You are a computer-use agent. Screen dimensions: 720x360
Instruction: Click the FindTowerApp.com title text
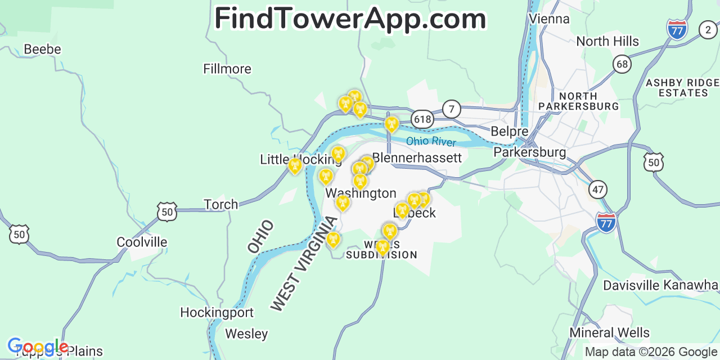tap(350, 19)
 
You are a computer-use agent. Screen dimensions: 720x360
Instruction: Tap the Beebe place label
tap(42, 49)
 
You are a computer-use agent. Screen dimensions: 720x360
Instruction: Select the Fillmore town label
tap(227, 69)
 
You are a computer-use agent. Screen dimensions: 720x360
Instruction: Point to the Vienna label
tap(549, 19)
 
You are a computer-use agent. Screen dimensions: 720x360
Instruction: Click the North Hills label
tap(607, 42)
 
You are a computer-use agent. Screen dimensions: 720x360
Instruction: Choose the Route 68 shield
tap(622, 64)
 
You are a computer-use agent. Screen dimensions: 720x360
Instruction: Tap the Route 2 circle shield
tap(708, 30)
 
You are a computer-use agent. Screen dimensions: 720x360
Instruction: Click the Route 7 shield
tap(451, 109)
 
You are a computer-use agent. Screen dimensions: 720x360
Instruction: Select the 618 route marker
tap(422, 119)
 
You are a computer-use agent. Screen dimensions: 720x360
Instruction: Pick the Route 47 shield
tap(598, 189)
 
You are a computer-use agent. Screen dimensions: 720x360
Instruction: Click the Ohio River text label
tap(431, 141)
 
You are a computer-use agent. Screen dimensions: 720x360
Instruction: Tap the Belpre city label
tap(509, 132)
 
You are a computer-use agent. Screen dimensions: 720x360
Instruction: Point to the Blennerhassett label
tap(417, 157)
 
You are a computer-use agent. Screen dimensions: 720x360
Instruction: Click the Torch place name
tap(220, 204)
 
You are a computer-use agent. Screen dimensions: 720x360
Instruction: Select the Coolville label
tap(142, 242)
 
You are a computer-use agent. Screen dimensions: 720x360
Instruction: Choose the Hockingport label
tap(217, 312)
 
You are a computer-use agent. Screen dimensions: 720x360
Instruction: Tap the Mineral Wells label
tap(609, 333)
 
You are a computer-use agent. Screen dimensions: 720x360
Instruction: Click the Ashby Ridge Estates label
tap(682, 88)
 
